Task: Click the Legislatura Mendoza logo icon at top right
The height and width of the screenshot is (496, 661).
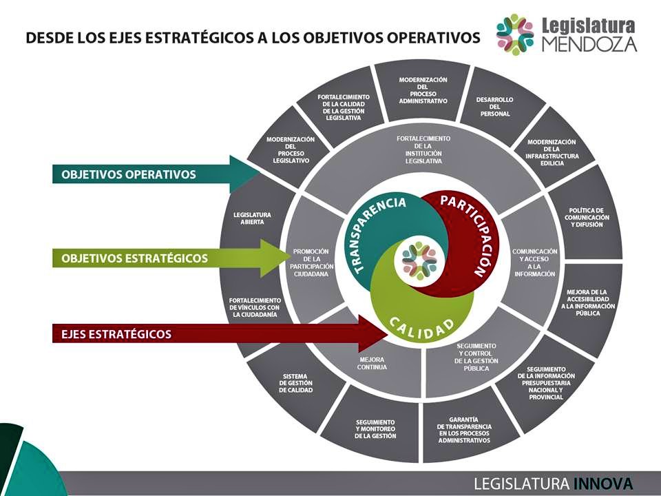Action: [515, 34]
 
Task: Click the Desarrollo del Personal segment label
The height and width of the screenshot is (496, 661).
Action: [494, 106]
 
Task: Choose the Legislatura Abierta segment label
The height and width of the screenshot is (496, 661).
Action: [252, 218]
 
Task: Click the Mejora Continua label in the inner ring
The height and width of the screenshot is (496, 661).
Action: [373, 364]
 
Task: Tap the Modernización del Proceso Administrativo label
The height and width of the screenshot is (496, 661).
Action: [423, 90]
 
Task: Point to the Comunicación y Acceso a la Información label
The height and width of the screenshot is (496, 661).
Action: [534, 262]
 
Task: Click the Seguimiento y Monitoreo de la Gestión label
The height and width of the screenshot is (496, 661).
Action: [375, 428]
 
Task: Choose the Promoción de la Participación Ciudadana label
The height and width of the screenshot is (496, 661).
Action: [312, 262]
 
